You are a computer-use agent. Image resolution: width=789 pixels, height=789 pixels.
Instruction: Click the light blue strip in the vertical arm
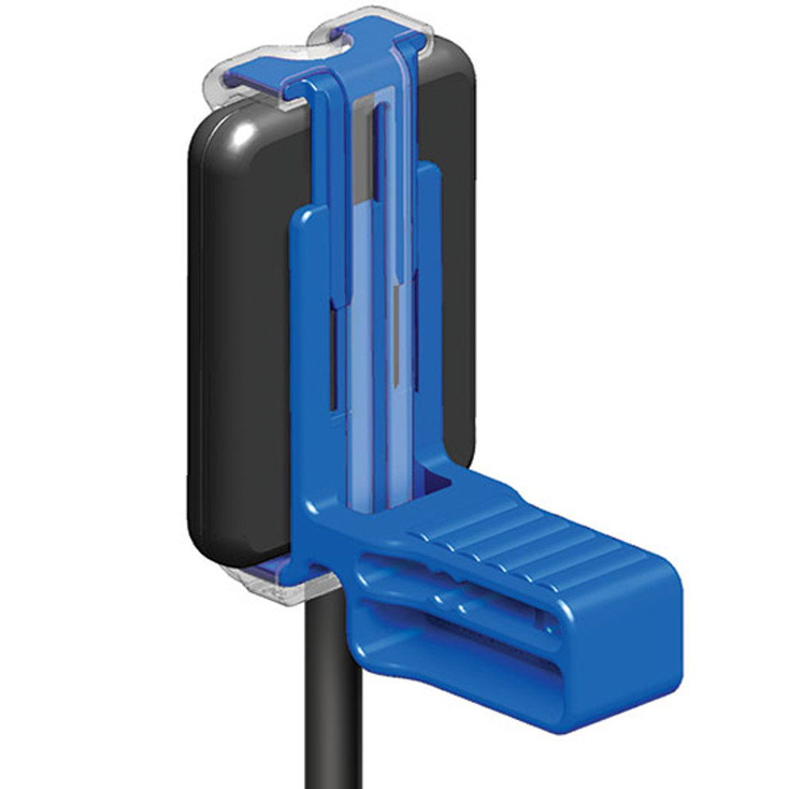point(362,370)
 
